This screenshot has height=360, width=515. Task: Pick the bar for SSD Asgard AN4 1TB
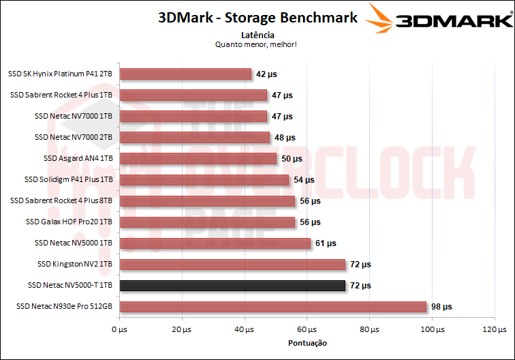(x=196, y=158)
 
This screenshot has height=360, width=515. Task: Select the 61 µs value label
(x=325, y=243)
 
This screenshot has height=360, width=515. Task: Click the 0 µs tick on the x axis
(x=118, y=330)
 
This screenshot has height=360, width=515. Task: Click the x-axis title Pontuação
(x=307, y=343)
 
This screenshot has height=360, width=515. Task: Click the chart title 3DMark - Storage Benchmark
(x=257, y=18)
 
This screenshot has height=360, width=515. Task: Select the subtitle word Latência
(x=257, y=34)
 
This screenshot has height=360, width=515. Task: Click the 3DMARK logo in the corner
(x=439, y=19)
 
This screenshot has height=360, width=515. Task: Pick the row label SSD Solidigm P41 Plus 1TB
(x=67, y=179)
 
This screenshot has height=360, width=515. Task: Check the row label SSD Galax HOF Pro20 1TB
(x=69, y=222)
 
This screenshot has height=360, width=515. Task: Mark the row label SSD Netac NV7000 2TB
(x=73, y=137)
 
